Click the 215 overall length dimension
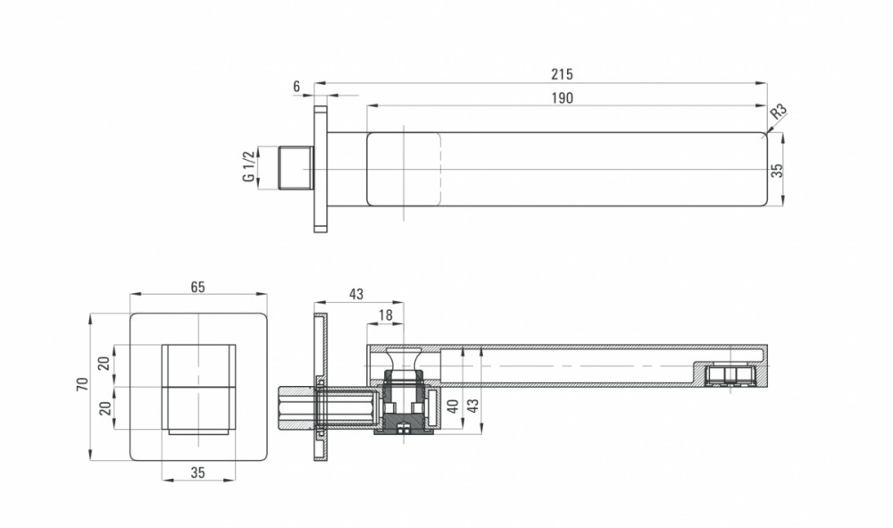point(562,74)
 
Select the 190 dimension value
point(562,98)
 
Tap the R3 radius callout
point(779,111)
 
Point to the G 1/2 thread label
point(248,167)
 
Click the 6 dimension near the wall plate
point(296,87)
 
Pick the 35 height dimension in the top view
point(778,171)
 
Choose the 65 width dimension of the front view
point(197,287)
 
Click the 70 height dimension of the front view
point(82,384)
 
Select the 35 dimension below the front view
point(197,473)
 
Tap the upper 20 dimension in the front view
point(104,364)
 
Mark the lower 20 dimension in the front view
point(104,407)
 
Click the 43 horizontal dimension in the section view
point(356,295)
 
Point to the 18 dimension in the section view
point(386,315)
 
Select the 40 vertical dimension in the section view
point(453,406)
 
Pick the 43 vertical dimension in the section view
point(472,406)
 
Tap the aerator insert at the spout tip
point(730,375)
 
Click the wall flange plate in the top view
point(321,169)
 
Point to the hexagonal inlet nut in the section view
point(297,409)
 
